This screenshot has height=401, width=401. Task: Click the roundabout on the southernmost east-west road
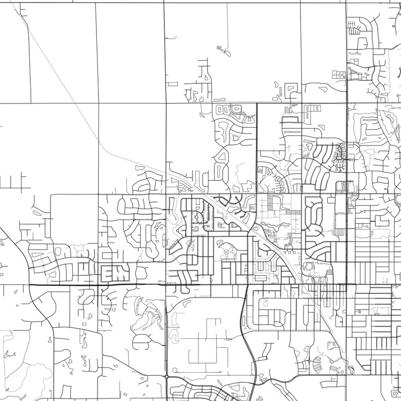click(x=167, y=376)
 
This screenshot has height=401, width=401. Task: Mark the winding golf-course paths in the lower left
click(x=146, y=318)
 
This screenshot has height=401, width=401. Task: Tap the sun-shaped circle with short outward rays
click(x=308, y=265)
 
